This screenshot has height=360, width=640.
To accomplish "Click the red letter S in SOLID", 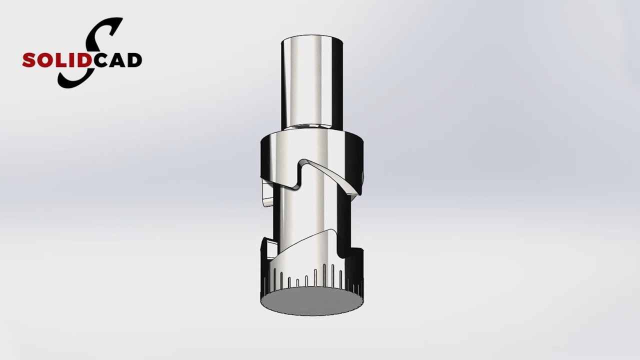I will [28, 60].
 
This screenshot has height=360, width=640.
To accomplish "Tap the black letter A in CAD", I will [115, 60].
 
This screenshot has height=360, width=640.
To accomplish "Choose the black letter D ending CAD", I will [132, 60].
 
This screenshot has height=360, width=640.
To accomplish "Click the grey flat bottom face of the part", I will [311, 301].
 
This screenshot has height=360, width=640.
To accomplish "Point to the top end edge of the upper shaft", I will [311, 37].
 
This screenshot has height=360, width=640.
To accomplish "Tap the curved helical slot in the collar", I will [330, 175].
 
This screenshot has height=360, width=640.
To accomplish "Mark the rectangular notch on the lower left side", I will [268, 247].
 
